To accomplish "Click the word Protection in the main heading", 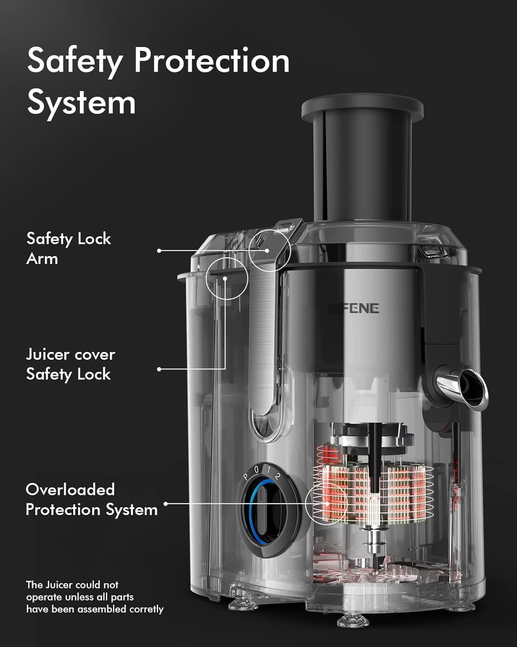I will [212, 61].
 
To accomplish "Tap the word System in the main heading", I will [81, 103].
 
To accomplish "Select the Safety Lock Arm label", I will [69, 248].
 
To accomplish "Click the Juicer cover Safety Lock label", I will [70, 364].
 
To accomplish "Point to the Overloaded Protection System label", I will [91, 499].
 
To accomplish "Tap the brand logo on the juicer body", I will [355, 308].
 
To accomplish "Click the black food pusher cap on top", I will [362, 108].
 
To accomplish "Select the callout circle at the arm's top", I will [270, 250].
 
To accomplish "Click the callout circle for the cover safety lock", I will [227, 278].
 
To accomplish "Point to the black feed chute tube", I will [362, 173].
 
